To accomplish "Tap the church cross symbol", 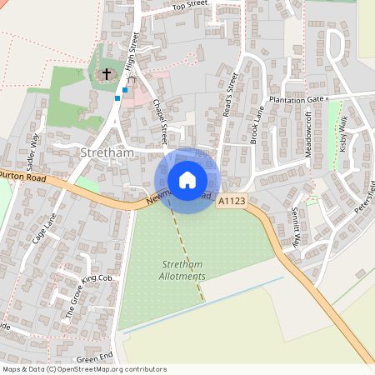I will (x=106, y=74).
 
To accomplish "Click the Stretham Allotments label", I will (x=182, y=270).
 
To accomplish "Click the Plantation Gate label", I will (x=295, y=98).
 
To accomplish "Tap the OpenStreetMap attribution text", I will (x=83, y=369).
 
